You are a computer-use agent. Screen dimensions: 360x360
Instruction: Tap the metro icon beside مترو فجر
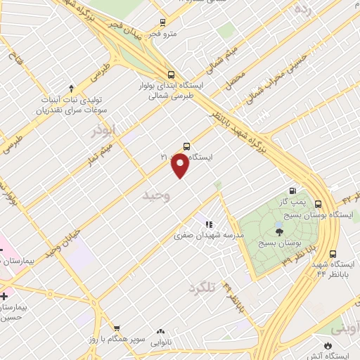pyautogui.click(x=163, y=22)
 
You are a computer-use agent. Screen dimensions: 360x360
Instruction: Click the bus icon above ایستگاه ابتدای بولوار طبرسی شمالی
pyautogui.click(x=172, y=75)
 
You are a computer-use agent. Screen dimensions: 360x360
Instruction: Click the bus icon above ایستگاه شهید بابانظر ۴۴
pyautogui.click(x=333, y=254)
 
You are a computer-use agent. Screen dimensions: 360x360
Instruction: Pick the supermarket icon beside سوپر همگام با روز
pyautogui.click(x=117, y=328)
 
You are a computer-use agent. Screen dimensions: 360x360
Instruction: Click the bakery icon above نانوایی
pyautogui.click(x=160, y=330)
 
